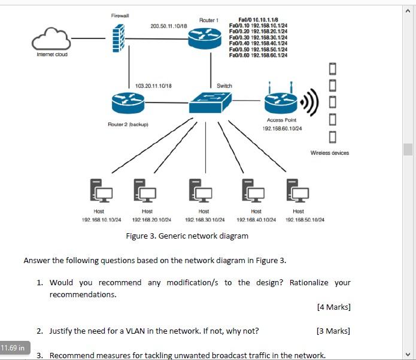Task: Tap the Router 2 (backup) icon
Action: (127, 105)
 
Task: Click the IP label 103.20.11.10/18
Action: (154, 86)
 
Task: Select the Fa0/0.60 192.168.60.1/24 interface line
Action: (258, 55)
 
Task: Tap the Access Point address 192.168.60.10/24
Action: (281, 129)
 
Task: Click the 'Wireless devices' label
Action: (329, 153)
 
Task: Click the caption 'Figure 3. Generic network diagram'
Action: (187, 236)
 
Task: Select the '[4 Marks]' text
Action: (333, 307)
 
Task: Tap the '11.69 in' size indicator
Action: (13, 347)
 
